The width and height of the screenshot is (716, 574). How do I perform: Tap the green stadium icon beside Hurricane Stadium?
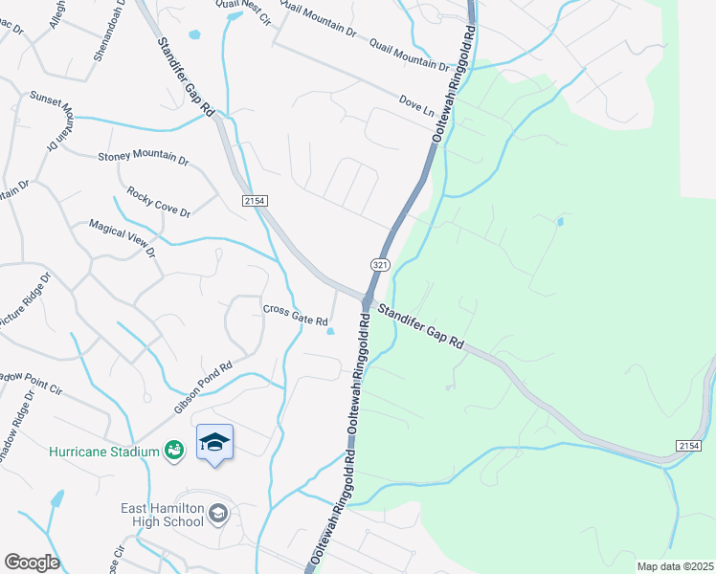point(174,449)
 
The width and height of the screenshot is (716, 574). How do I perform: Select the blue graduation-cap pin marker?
point(215,443)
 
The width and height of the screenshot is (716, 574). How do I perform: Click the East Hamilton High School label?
point(162,515)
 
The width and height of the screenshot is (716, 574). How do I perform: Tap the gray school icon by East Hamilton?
point(219,515)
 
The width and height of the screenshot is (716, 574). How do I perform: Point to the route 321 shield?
point(380,262)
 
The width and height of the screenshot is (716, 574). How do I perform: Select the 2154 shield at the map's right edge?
point(687,446)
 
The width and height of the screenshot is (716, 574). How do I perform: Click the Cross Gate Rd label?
point(296,315)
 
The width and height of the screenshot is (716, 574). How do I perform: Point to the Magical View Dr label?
point(122,238)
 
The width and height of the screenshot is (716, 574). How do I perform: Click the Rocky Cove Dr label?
point(159,202)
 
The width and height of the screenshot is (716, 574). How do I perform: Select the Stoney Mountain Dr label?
point(144,159)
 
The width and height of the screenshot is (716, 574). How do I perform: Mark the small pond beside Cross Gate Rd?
point(331,332)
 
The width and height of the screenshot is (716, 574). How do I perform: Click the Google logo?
point(31,562)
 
